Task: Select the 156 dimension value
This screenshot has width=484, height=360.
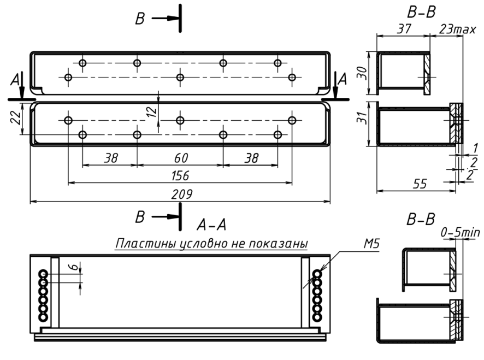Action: click(x=180, y=176)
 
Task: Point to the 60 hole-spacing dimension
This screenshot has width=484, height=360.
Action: click(x=181, y=158)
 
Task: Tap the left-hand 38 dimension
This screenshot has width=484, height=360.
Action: click(x=111, y=158)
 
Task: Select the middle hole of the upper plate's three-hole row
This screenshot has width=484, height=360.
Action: click(x=180, y=77)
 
